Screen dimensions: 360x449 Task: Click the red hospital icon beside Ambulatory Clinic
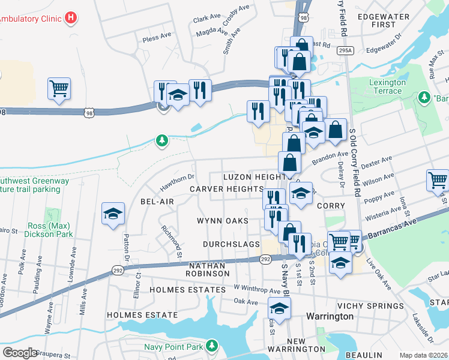[71, 17]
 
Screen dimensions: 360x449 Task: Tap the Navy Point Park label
[173, 347]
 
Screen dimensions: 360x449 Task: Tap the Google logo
[20, 353]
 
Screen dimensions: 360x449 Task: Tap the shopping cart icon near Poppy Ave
[438, 181]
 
